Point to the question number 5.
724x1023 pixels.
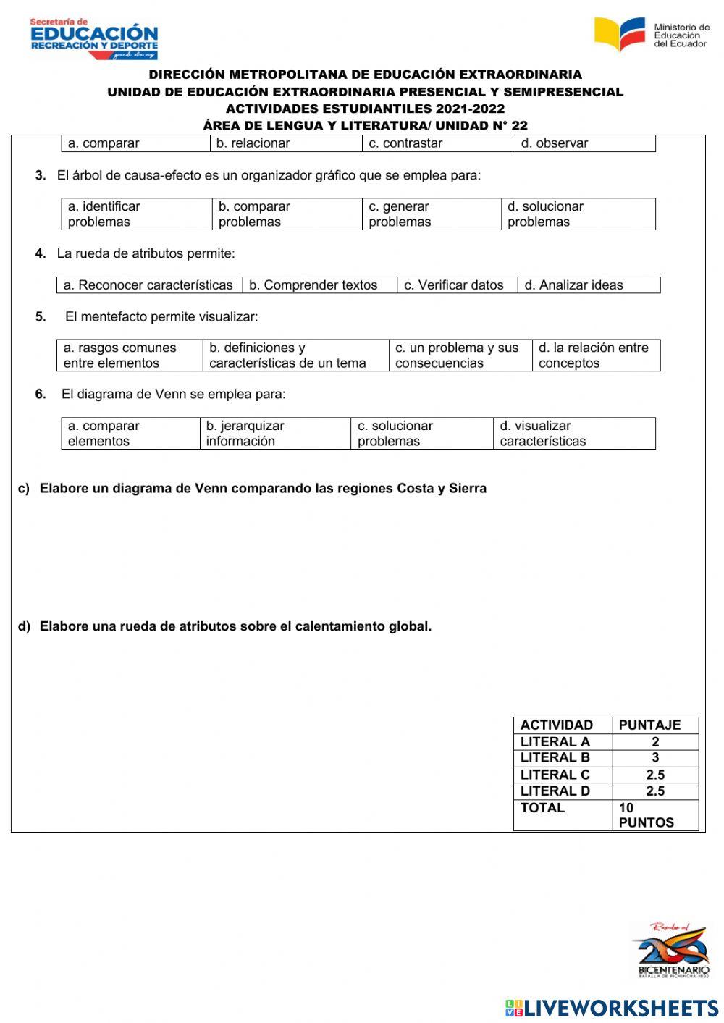coord(41,316)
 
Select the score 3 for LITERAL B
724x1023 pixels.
coord(654,758)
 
